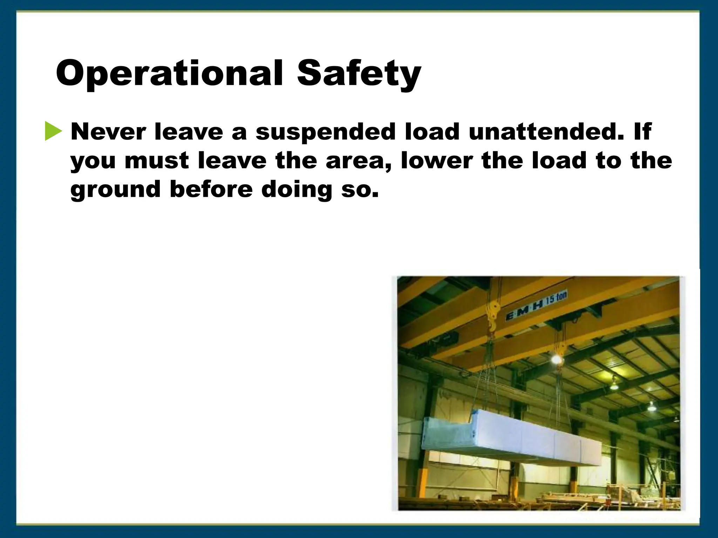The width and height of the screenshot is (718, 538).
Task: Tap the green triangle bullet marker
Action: point(53,131)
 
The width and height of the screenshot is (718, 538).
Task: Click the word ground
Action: point(115,189)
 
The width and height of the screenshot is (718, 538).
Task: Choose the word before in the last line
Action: point(211,189)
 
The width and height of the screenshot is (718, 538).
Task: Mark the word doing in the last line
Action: point(297,189)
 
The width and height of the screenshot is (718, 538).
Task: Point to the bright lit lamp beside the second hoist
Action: point(556,359)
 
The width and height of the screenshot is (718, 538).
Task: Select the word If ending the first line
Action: point(642,132)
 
